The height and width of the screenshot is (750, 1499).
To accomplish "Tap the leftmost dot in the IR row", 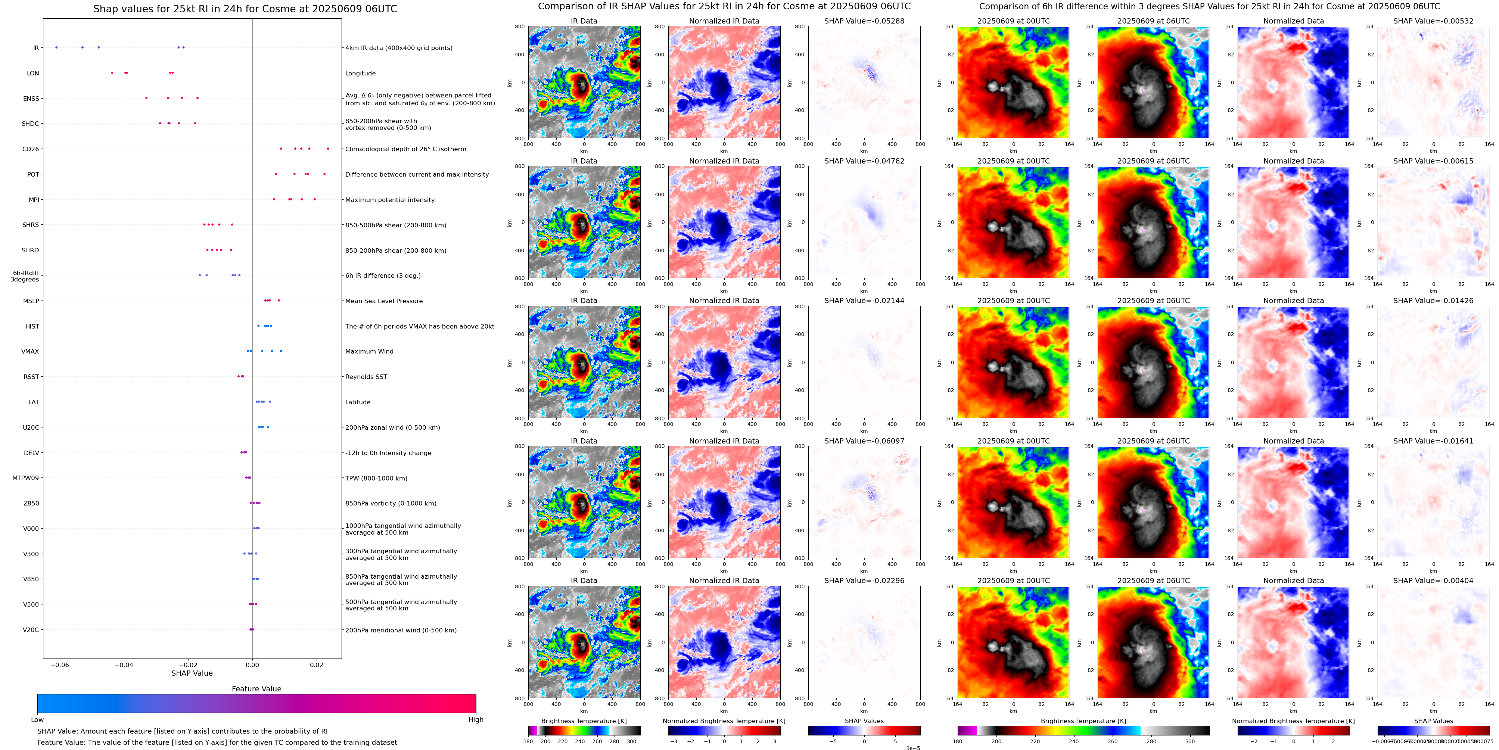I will pyautogui.click(x=56, y=47).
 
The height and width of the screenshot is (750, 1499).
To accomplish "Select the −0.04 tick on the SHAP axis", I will pyautogui.click(x=123, y=665).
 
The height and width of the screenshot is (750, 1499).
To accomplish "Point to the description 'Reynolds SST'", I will pyautogui.click(x=366, y=376).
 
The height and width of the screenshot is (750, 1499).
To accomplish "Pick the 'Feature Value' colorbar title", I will pyautogui.click(x=256, y=689).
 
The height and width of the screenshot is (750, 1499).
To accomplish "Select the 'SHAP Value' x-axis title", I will pyautogui.click(x=192, y=673).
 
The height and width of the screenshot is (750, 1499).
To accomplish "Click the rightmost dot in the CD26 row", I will pyautogui.click(x=328, y=148).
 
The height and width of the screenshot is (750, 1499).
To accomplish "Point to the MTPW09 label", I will pyautogui.click(x=26, y=478).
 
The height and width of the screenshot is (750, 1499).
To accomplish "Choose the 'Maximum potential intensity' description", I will pyautogui.click(x=390, y=200).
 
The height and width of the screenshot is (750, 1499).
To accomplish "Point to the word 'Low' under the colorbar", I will pyautogui.click(x=37, y=720).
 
